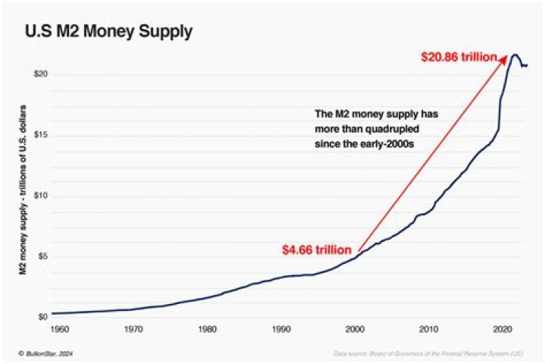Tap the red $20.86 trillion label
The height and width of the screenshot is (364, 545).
pyautogui.click(x=459, y=57)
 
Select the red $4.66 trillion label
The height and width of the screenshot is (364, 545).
pyautogui.click(x=317, y=249)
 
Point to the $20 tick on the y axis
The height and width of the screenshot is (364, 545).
pyautogui.click(x=42, y=74)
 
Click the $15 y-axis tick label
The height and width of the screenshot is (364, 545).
pyautogui.click(x=42, y=135)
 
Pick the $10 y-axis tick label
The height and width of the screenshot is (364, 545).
pyautogui.click(x=42, y=196)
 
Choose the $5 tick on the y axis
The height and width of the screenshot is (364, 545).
pyautogui.click(x=43, y=256)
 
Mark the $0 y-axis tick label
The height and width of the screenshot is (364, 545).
pyautogui.click(x=43, y=317)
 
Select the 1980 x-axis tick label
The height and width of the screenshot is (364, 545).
pyautogui.click(x=206, y=331)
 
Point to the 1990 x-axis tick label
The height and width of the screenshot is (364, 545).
pyautogui.click(x=280, y=331)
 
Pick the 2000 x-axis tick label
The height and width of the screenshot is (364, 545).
pyautogui.click(x=354, y=331)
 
